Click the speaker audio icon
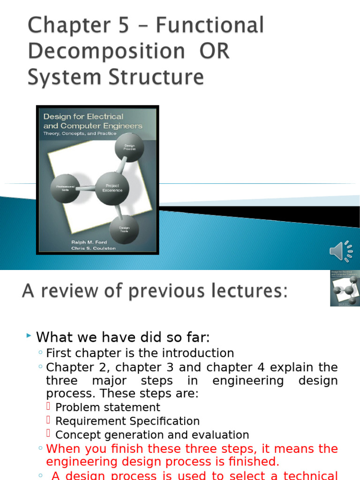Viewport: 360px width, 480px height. point(341,251)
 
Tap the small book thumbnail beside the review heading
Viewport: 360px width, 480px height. point(345,288)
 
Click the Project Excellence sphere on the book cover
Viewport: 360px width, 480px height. point(112,188)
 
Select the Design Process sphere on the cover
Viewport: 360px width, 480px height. point(129,147)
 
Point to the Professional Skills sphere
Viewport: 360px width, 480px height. point(65,187)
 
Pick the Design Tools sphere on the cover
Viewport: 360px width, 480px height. point(124,229)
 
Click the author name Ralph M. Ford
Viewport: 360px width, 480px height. point(89,242)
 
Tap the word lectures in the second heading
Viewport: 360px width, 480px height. point(247,291)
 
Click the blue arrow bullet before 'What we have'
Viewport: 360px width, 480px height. point(29,336)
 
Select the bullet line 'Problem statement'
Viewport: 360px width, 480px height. point(107,407)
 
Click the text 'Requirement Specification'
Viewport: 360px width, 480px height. point(127,421)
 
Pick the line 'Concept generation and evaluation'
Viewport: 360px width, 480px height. point(152,435)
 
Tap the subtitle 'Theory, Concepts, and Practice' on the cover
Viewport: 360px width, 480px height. point(80,133)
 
